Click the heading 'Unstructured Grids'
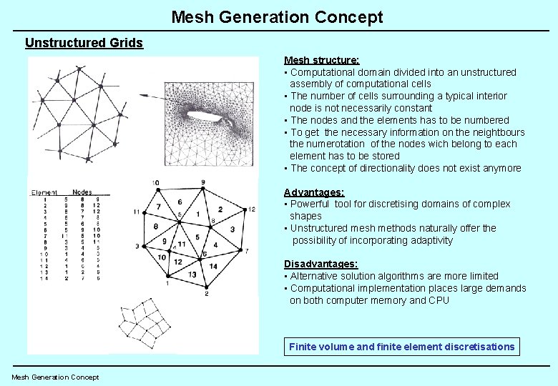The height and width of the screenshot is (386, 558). pos(84,43)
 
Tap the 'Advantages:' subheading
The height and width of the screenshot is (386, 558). pos(314,192)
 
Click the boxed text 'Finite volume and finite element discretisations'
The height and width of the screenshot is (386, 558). pos(401,347)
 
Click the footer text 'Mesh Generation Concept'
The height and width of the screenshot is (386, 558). pos(55,377)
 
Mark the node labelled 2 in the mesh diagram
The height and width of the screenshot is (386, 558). pos(206,287)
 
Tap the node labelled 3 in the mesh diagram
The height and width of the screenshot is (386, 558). pos(143,246)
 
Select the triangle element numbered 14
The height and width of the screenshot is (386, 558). pos(213,266)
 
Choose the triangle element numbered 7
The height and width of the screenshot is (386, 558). pos(160,207)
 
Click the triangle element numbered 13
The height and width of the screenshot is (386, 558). pos(192,274)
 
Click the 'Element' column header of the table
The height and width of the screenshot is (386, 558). pos(44,192)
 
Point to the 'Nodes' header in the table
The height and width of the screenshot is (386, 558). pos(82,192)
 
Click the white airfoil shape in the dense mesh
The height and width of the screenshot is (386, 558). pos(208,113)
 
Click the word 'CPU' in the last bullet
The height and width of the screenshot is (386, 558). pos(439,300)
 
